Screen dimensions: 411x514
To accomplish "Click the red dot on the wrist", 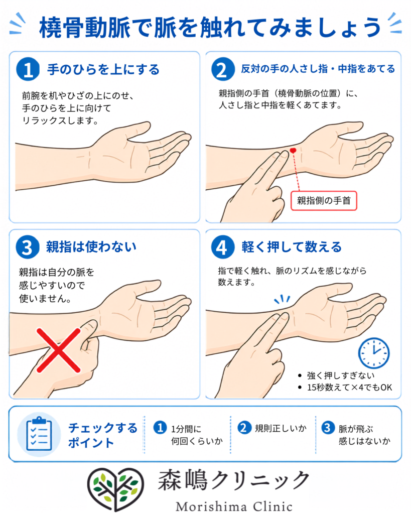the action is click(x=293, y=151).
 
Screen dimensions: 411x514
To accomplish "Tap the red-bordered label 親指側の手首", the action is click(x=324, y=201).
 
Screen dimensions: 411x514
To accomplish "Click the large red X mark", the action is click(x=58, y=350).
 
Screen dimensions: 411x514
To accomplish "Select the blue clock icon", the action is click(x=374, y=353).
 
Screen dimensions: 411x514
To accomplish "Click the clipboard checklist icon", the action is click(x=39, y=434).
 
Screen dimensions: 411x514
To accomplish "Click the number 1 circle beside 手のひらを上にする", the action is click(x=28, y=69).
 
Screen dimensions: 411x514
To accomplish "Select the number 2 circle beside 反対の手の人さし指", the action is click(x=223, y=69).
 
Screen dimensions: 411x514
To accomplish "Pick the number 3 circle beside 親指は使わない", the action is click(x=28, y=247).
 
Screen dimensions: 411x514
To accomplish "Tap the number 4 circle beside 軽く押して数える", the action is click(x=223, y=247).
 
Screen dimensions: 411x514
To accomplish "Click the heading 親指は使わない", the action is click(x=91, y=247).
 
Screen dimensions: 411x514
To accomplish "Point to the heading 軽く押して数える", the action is click(x=292, y=247).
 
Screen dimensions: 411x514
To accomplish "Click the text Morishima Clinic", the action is click(x=234, y=506).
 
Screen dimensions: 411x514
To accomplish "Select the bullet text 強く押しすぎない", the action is click(x=341, y=375).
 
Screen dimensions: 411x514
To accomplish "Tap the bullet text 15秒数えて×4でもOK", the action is click(x=349, y=388).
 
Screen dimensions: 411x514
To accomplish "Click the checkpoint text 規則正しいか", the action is click(x=281, y=428).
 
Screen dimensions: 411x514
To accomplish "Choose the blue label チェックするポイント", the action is click(x=102, y=435).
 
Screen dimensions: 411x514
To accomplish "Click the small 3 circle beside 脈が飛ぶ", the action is click(x=327, y=428).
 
